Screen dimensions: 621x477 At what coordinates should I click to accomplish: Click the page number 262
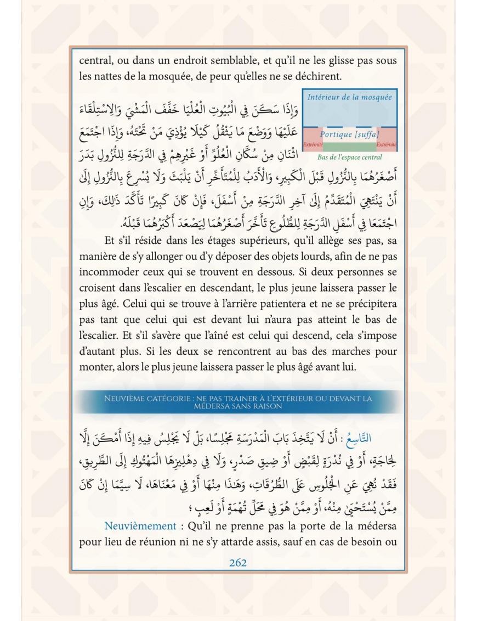coord(238,563)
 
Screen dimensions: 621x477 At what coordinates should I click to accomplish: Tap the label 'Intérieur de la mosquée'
coord(349,97)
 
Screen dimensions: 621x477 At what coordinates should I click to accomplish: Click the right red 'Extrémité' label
coord(386,144)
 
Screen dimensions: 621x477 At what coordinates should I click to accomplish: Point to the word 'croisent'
coord(98,288)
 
